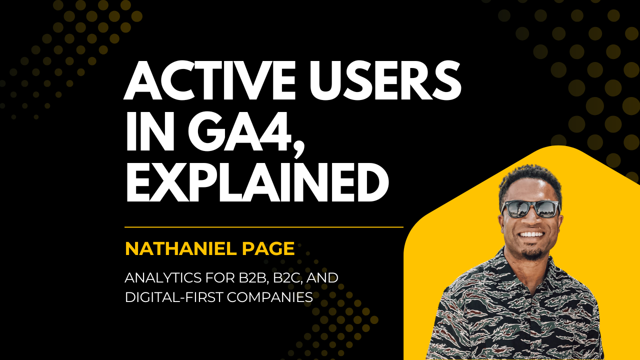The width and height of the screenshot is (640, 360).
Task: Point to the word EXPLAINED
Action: pyautogui.click(x=256, y=183)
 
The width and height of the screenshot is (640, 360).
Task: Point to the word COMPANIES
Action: pyautogui.click(x=270, y=297)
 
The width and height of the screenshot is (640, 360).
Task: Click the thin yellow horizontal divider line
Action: pyautogui.click(x=263, y=227)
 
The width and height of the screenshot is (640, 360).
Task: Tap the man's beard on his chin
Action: pyautogui.click(x=532, y=252)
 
